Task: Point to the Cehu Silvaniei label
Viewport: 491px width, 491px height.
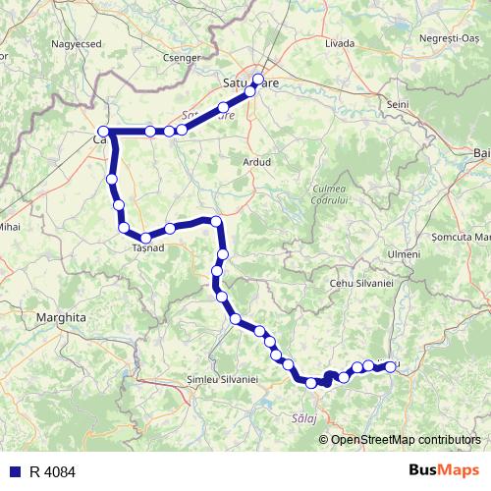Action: tap(360, 283)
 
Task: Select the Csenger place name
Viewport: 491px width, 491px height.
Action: tap(184, 58)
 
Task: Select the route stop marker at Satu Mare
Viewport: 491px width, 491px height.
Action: tap(258, 80)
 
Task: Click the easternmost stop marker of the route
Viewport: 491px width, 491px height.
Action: tap(391, 366)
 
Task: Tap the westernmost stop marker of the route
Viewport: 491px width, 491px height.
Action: tap(102, 131)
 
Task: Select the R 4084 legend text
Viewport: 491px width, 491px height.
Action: tap(52, 472)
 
